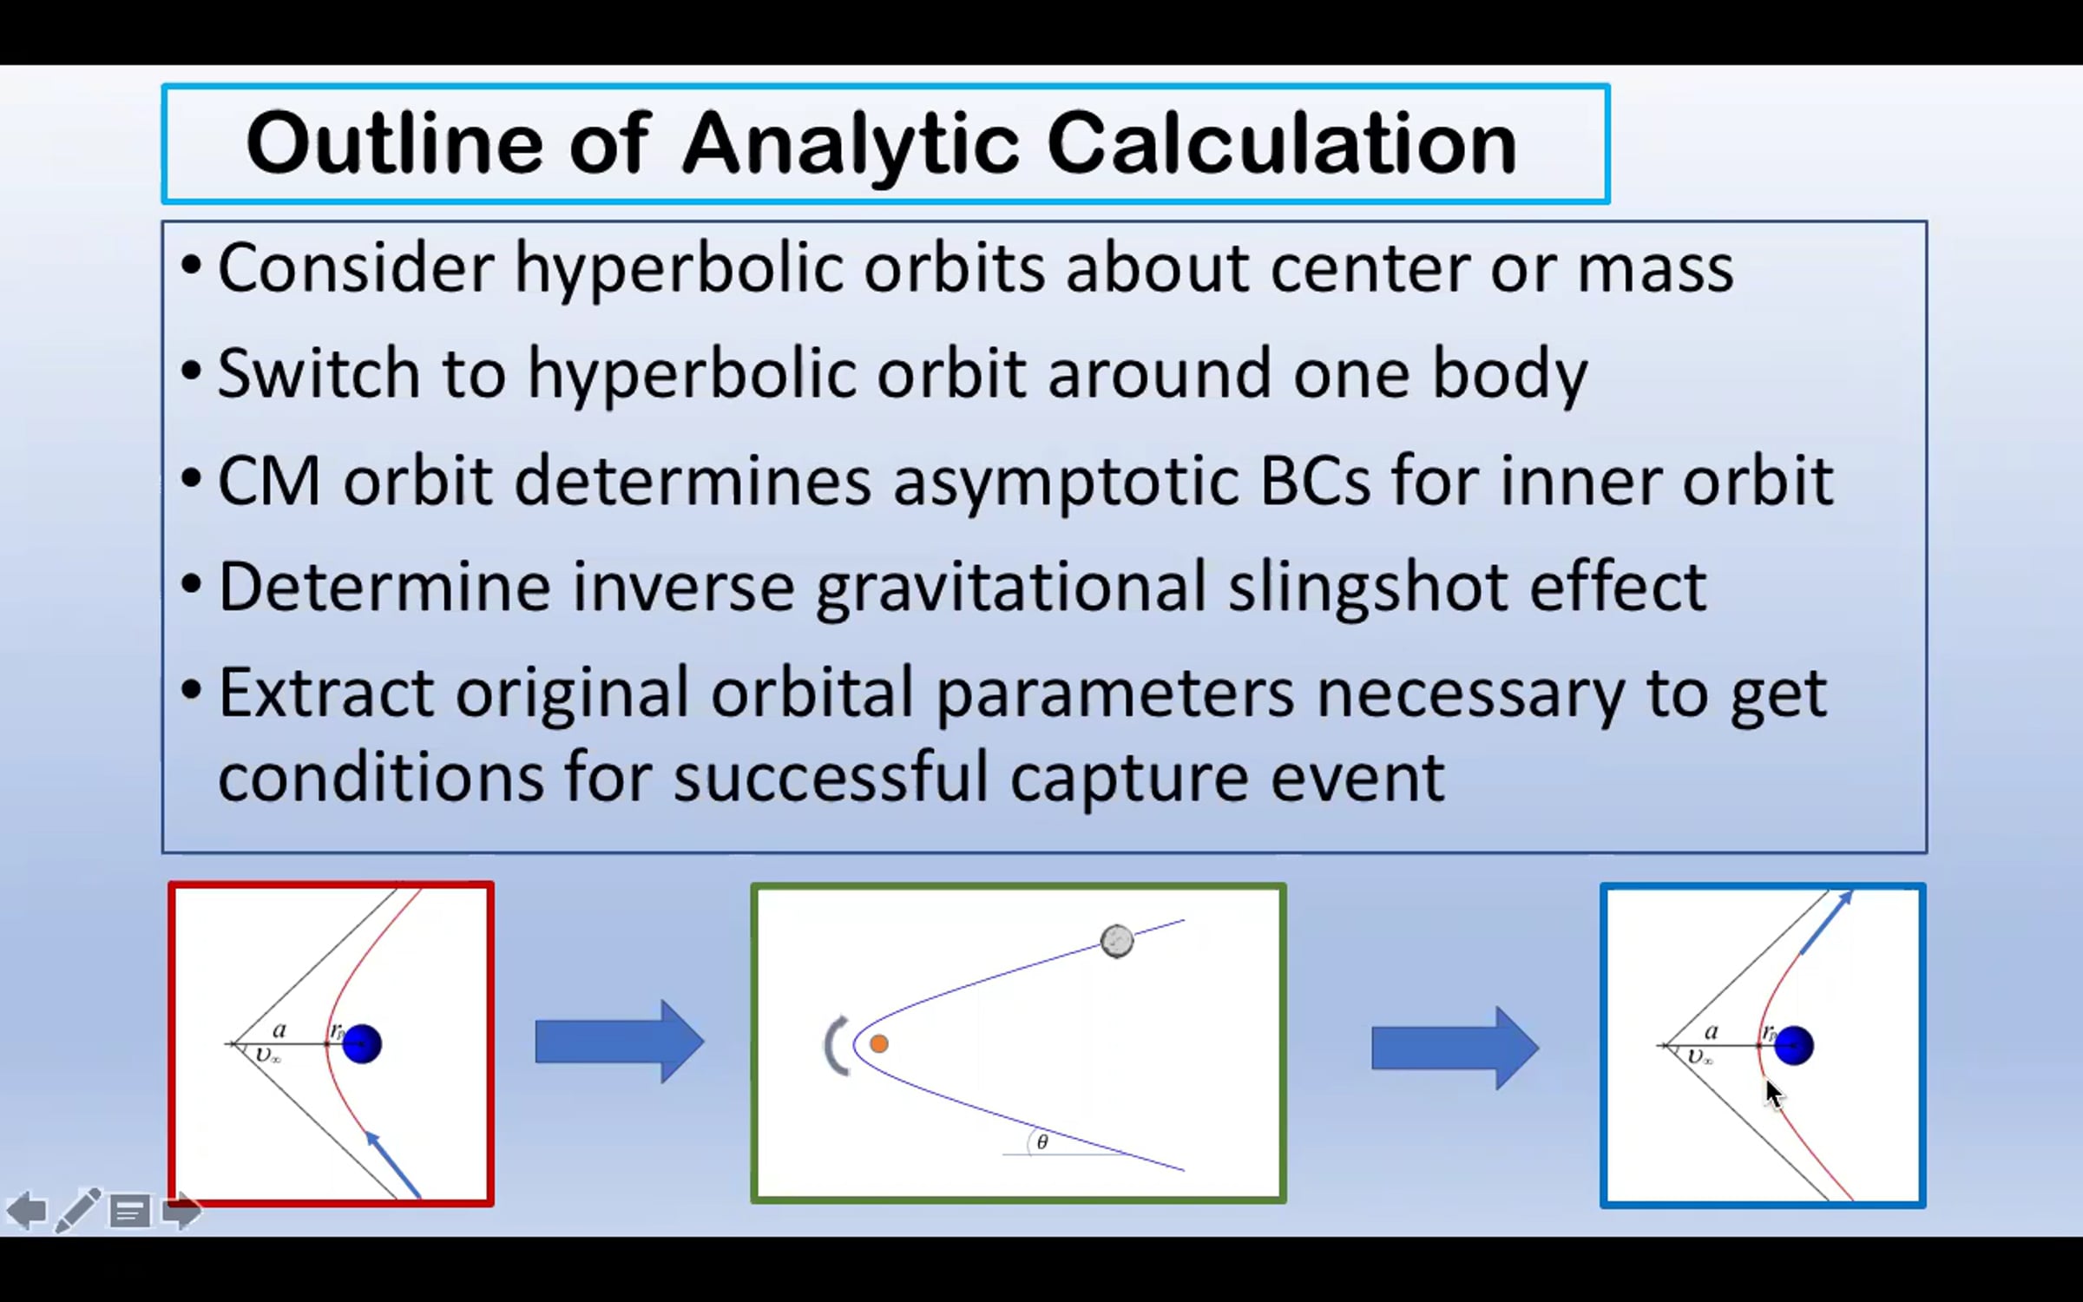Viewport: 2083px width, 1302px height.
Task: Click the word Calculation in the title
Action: [x=1282, y=143]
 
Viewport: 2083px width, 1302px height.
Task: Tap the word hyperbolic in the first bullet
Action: [x=679, y=270]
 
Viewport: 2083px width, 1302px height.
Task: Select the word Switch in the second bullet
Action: [x=319, y=373]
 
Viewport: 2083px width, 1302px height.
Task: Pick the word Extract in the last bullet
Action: [x=325, y=694]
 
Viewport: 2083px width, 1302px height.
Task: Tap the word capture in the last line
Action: [x=1129, y=779]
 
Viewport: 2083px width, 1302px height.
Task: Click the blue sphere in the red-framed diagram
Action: [x=362, y=1043]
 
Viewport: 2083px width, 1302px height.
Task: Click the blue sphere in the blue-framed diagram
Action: [x=1793, y=1045]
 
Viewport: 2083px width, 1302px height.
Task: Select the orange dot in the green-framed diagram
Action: [x=878, y=1043]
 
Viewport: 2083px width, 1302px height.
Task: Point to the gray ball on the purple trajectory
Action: [x=1116, y=941]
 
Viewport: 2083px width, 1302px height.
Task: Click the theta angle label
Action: [x=1042, y=1142]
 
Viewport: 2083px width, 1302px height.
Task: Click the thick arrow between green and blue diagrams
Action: [x=1455, y=1048]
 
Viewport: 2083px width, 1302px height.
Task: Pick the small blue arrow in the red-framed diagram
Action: [x=392, y=1165]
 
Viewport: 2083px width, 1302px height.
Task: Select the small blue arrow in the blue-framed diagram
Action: [x=1827, y=922]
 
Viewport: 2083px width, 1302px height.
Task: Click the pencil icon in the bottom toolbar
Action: [x=78, y=1210]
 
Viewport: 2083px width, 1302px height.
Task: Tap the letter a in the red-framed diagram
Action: [x=279, y=1030]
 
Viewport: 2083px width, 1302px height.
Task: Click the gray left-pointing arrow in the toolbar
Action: [x=26, y=1211]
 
